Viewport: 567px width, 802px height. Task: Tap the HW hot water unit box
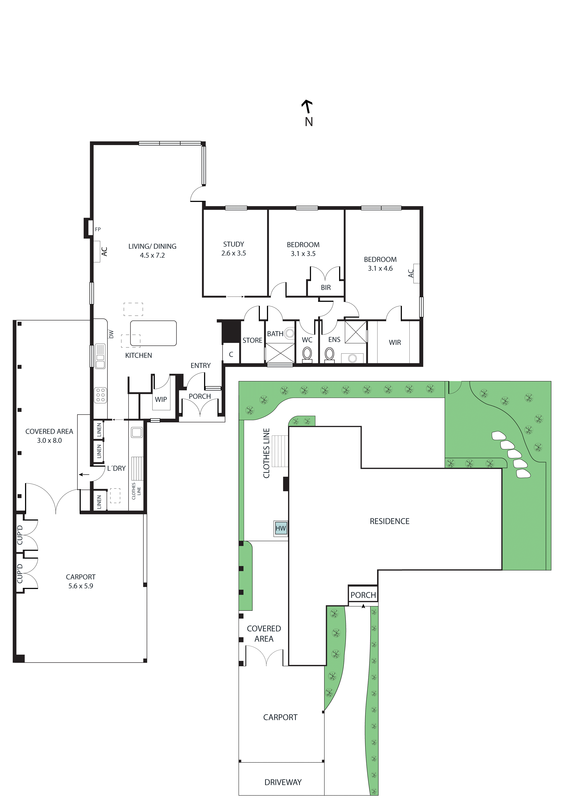[281, 528]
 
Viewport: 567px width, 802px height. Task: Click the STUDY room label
[233, 244]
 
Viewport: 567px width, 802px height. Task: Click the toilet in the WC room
[307, 354]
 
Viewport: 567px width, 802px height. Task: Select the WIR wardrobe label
[395, 343]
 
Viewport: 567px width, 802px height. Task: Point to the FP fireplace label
[98, 230]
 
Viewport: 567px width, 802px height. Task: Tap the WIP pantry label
[161, 399]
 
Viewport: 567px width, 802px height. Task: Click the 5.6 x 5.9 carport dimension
[81, 586]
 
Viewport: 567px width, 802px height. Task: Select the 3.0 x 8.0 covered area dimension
[49, 440]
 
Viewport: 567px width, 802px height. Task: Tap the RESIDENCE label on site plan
[389, 521]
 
